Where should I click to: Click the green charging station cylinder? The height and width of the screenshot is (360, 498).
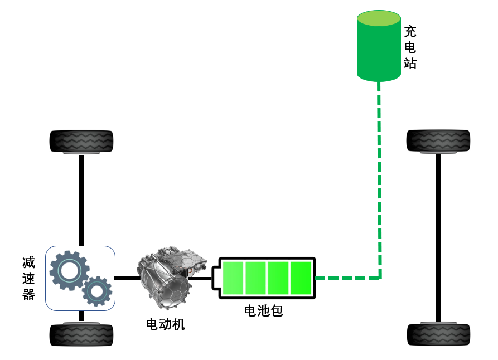coord(379,46)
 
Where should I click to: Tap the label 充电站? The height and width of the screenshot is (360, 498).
coord(410,47)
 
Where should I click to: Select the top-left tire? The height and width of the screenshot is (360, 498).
coord(81,142)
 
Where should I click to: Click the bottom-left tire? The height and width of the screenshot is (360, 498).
coord(81,334)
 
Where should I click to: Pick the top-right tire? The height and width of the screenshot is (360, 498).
coord(438,141)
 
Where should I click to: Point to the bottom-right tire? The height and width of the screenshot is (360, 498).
coord(439,334)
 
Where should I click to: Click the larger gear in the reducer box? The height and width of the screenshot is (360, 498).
coord(69,270)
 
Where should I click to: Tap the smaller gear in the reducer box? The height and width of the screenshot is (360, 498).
coord(97,291)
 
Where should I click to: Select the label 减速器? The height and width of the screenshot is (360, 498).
coord(28,279)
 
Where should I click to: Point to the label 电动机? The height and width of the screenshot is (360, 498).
coord(166,324)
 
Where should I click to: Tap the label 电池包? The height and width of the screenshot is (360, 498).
coord(264,310)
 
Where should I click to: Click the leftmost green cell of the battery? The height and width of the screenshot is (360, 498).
coord(233,278)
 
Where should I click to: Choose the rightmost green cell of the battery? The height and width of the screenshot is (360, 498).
coord(301,278)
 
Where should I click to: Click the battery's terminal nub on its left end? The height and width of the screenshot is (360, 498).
coord(215,278)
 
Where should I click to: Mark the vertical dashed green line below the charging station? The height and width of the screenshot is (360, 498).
coord(379,179)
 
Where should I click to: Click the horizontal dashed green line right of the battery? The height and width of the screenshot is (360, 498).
coord(347,278)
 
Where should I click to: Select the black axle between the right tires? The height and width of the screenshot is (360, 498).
coord(439,238)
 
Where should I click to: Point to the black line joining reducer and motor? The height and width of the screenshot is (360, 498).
coord(127,278)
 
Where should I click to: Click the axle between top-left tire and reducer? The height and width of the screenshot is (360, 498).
coord(81,201)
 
